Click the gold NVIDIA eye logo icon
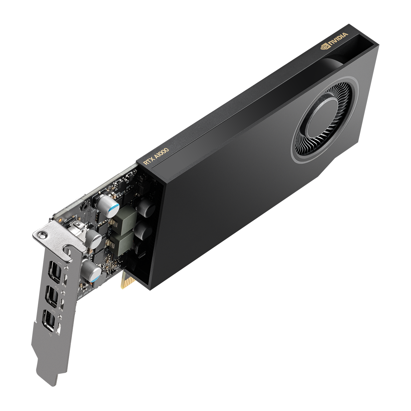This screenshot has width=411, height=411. (323, 47)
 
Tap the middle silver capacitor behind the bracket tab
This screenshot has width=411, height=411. (94, 239)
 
